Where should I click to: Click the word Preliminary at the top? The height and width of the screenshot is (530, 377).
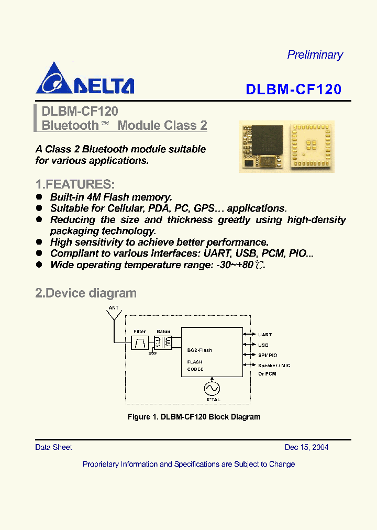(315, 55)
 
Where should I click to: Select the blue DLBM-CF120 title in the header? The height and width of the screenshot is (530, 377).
(293, 90)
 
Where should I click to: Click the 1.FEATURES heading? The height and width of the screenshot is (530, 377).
(74, 184)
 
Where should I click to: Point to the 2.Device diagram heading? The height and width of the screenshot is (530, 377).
(85, 293)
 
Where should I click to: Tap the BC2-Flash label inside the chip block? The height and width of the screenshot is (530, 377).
(199, 350)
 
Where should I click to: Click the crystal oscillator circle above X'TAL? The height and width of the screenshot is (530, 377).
(212, 388)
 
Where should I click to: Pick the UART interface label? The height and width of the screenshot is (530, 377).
(265, 334)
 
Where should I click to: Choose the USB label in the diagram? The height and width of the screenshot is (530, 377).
(263, 345)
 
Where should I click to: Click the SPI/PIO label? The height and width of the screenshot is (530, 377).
(268, 355)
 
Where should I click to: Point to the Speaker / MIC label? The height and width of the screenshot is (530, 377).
(274, 366)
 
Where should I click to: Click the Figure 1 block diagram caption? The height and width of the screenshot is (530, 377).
(194, 417)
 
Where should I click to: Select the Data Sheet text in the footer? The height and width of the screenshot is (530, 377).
(53, 447)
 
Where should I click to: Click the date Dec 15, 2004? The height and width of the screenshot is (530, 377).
(306, 447)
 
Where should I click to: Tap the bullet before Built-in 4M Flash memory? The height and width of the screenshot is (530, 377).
(39, 197)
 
